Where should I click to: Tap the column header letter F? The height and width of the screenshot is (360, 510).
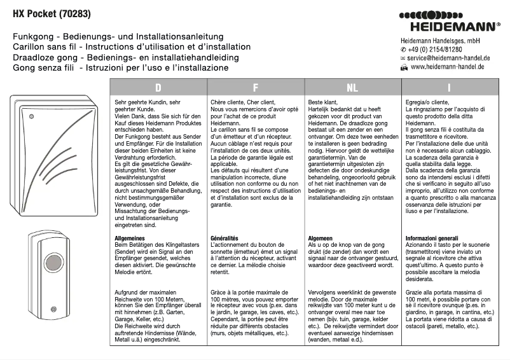pyautogui.click(x=256, y=87)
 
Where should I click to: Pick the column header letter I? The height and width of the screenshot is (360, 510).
pyautogui.click(x=450, y=87)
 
